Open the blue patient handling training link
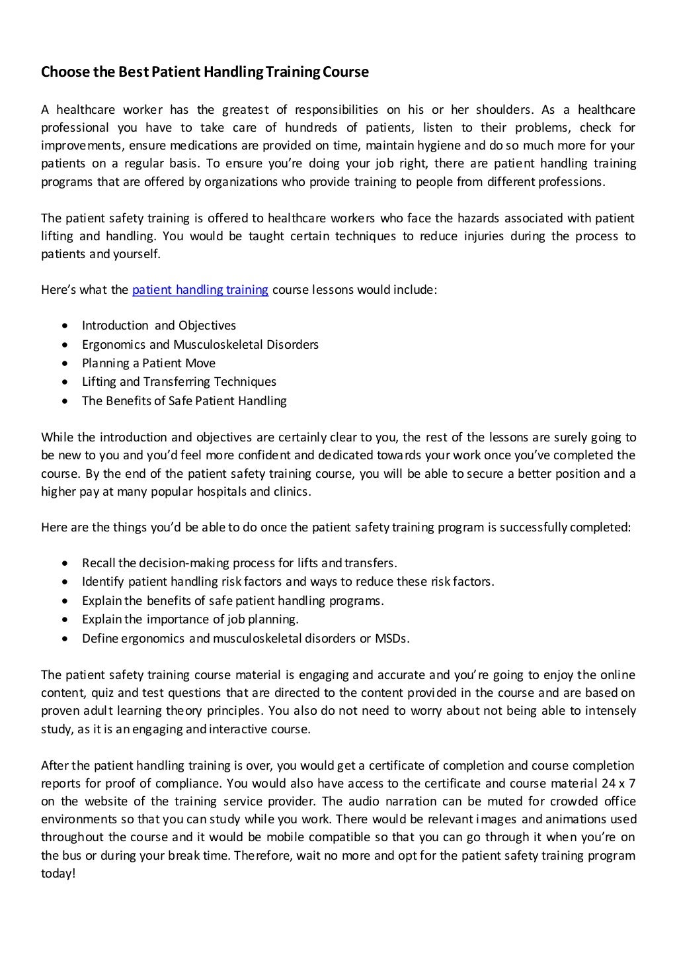click(200, 289)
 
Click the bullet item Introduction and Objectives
click(159, 326)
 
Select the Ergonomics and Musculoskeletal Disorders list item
click(200, 344)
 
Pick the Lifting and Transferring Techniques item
click(179, 382)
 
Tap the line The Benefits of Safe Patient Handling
click(184, 400)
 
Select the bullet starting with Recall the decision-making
click(239, 563)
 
